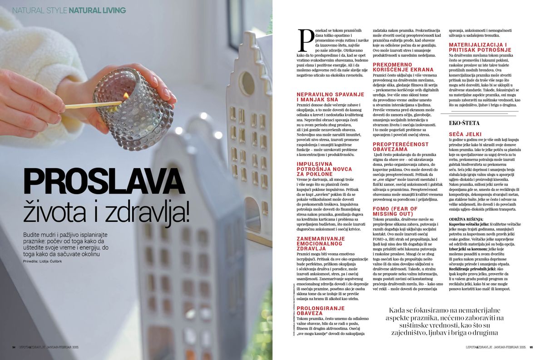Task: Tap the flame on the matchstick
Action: coord(125,96)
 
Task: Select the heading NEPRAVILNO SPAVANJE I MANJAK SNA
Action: coord(324,96)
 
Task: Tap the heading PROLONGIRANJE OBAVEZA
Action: coord(320,310)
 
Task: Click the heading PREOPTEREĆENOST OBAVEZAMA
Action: coord(401,147)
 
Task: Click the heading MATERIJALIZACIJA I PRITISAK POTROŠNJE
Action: coord(483,47)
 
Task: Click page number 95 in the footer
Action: coord(531,347)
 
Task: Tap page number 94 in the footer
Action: coord(14,347)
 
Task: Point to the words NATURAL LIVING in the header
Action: coord(97,10)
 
